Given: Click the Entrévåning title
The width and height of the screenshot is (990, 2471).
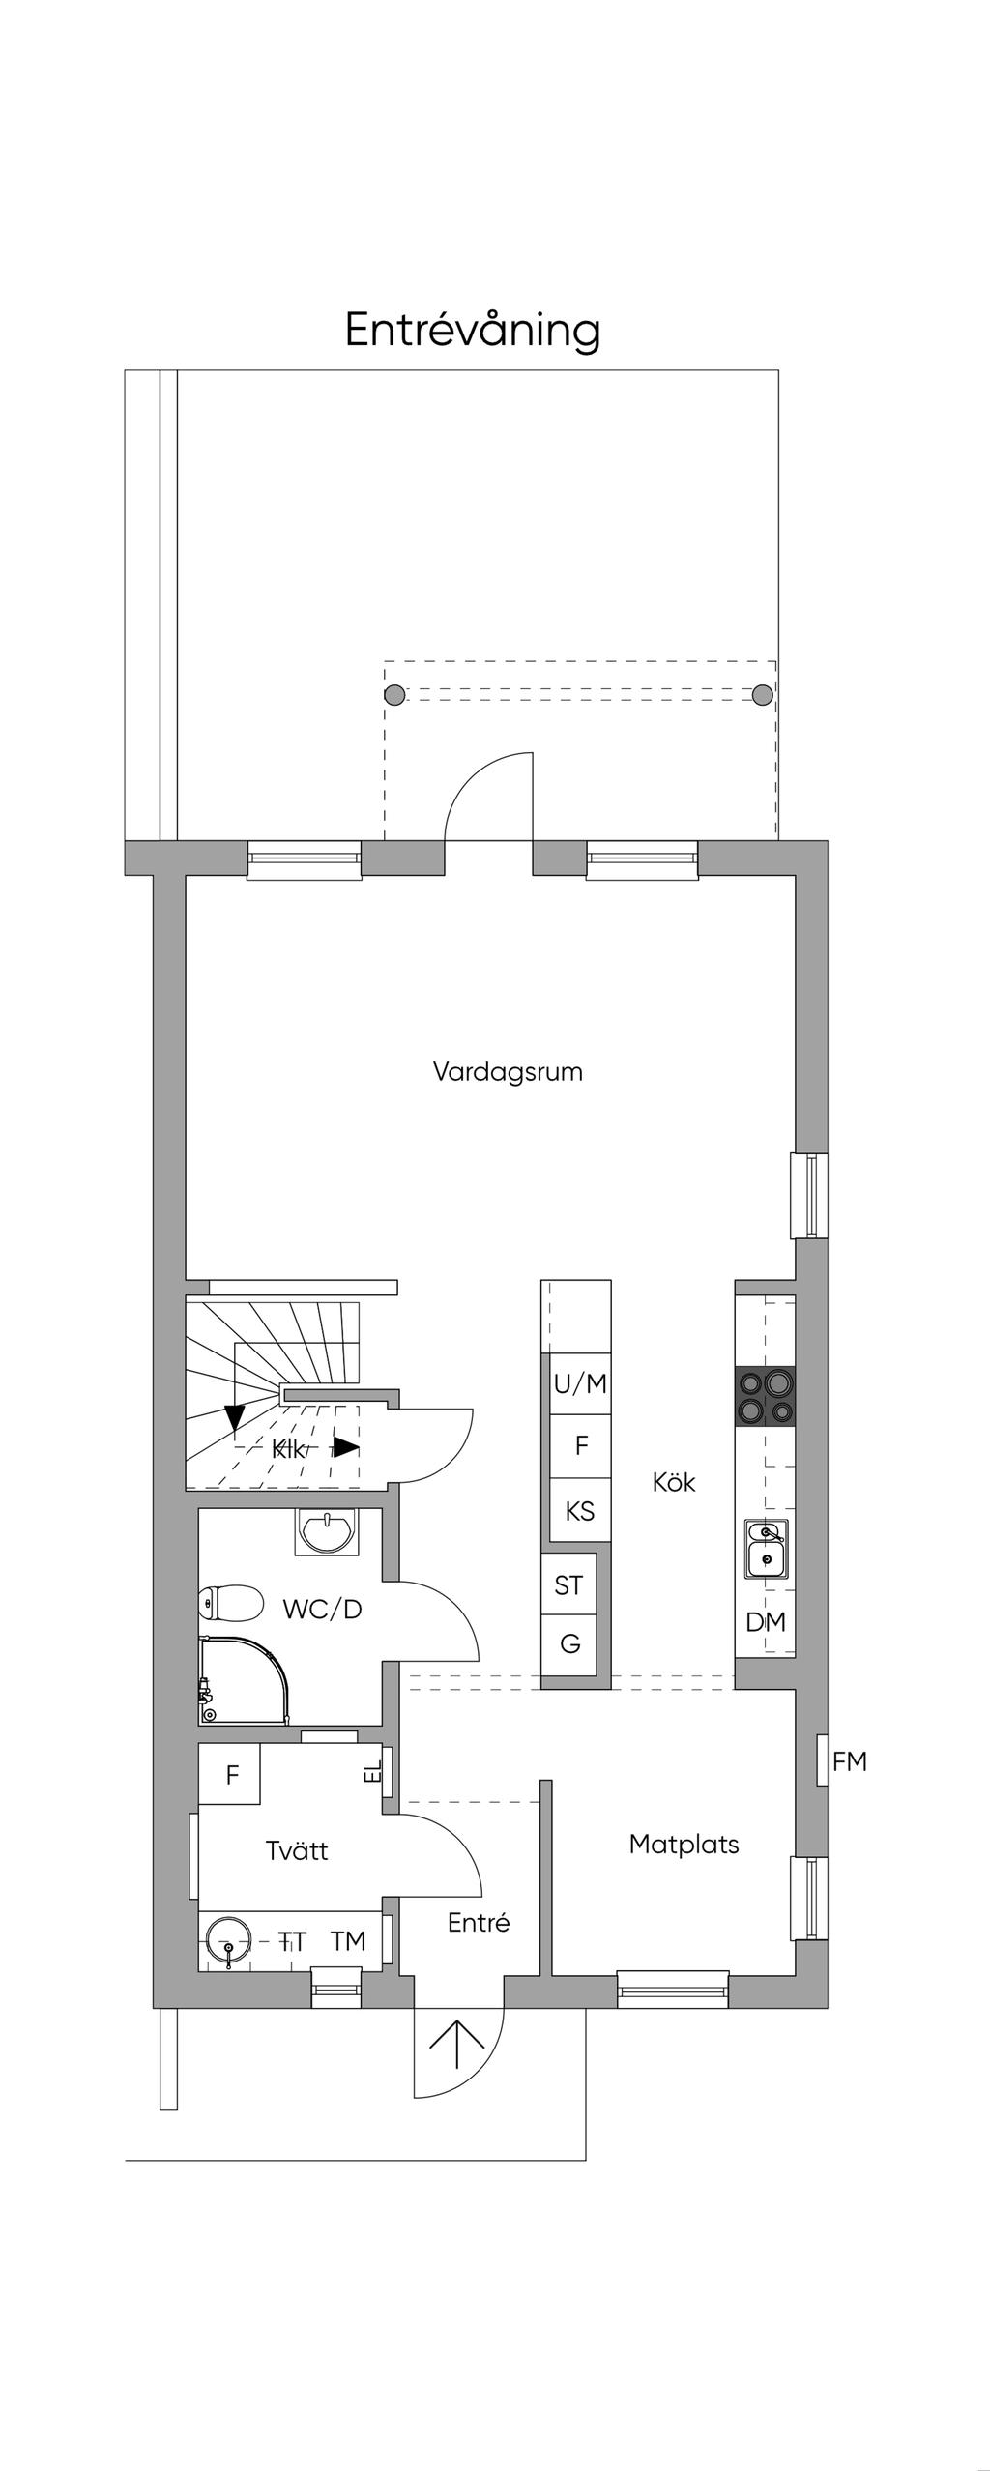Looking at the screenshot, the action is pyautogui.click(x=473, y=331).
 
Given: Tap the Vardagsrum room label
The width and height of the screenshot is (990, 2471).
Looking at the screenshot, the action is pyautogui.click(x=508, y=1072).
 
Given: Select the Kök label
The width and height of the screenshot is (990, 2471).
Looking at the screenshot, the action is pyautogui.click(x=674, y=1482).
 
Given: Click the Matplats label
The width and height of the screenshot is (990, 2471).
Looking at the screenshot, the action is pyautogui.click(x=684, y=1844).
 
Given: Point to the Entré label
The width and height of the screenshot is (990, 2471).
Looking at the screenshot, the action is pyautogui.click(x=479, y=1922).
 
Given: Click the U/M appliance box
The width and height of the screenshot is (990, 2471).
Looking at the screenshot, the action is pyautogui.click(x=580, y=1384).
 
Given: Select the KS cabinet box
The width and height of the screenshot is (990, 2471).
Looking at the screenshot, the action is pyautogui.click(x=580, y=1510).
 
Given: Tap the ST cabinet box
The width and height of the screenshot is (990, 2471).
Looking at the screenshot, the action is pyautogui.click(x=569, y=1585).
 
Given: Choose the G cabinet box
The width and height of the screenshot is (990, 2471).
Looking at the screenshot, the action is pyautogui.click(x=569, y=1644).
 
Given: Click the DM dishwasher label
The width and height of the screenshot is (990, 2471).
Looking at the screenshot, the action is pyautogui.click(x=766, y=1622).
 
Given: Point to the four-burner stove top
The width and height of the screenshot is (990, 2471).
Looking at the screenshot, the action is pyautogui.click(x=766, y=1398).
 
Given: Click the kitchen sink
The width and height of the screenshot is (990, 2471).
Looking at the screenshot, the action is pyautogui.click(x=766, y=1549).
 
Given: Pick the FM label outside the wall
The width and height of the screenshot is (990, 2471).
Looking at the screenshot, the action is pyautogui.click(x=850, y=1761).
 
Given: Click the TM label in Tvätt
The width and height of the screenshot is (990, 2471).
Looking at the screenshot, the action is pyautogui.click(x=348, y=1941).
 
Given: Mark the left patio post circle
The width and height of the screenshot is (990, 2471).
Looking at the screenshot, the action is pyautogui.click(x=394, y=694).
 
